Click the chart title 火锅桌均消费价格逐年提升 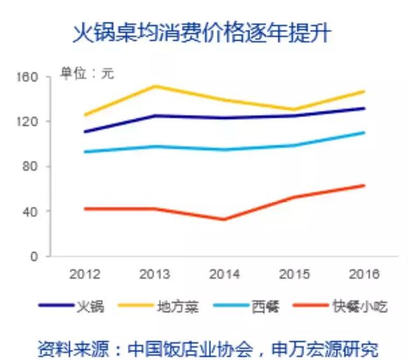click(x=201, y=33)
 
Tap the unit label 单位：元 click(x=87, y=73)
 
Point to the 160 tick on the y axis click(x=27, y=77)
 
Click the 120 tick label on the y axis click(x=27, y=122)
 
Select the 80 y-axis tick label click(x=30, y=166)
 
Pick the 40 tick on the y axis click(x=30, y=212)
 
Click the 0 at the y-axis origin click(x=34, y=257)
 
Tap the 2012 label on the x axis click(x=85, y=274)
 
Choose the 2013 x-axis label click(x=154, y=274)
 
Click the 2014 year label click(x=224, y=274)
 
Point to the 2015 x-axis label click(x=295, y=274)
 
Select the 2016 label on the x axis click(x=364, y=274)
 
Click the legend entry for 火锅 click(x=71, y=306)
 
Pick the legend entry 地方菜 click(x=158, y=306)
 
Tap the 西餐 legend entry click(x=246, y=306)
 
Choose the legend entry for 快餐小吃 click(x=340, y=306)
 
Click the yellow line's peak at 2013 click(x=155, y=86)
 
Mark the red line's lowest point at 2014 click(x=224, y=219)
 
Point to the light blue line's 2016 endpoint click(x=364, y=133)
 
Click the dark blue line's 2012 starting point click(x=85, y=132)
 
